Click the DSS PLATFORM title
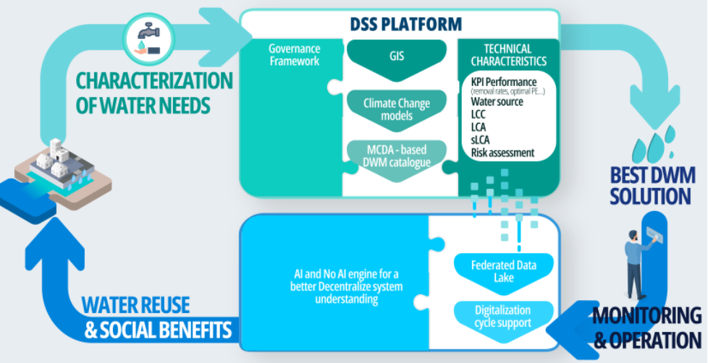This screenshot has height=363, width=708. (x=400, y=24)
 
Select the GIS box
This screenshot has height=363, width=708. (x=398, y=55)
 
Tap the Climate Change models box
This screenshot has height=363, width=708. (x=398, y=108)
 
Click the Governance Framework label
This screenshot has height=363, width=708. (x=294, y=55)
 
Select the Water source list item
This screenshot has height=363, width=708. (x=497, y=101)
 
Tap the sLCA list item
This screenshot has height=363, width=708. (x=480, y=140)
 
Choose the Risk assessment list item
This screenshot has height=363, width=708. (x=502, y=152)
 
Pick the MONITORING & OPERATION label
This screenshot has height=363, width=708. (x=646, y=327)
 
